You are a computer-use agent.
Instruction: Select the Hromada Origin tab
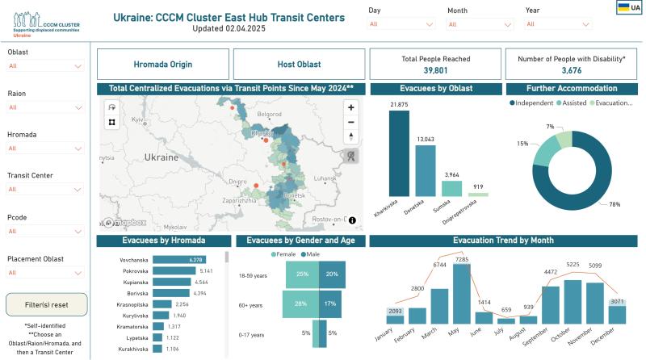[x=162, y=64]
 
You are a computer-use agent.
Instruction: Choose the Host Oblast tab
[x=298, y=64]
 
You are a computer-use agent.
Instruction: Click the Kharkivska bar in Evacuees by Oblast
[x=398, y=153]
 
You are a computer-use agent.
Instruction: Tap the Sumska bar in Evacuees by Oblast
[x=451, y=188]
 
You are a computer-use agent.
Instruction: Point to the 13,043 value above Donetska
[x=425, y=139]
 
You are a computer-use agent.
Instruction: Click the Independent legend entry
[x=533, y=103]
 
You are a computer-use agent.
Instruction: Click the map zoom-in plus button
[x=351, y=107]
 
